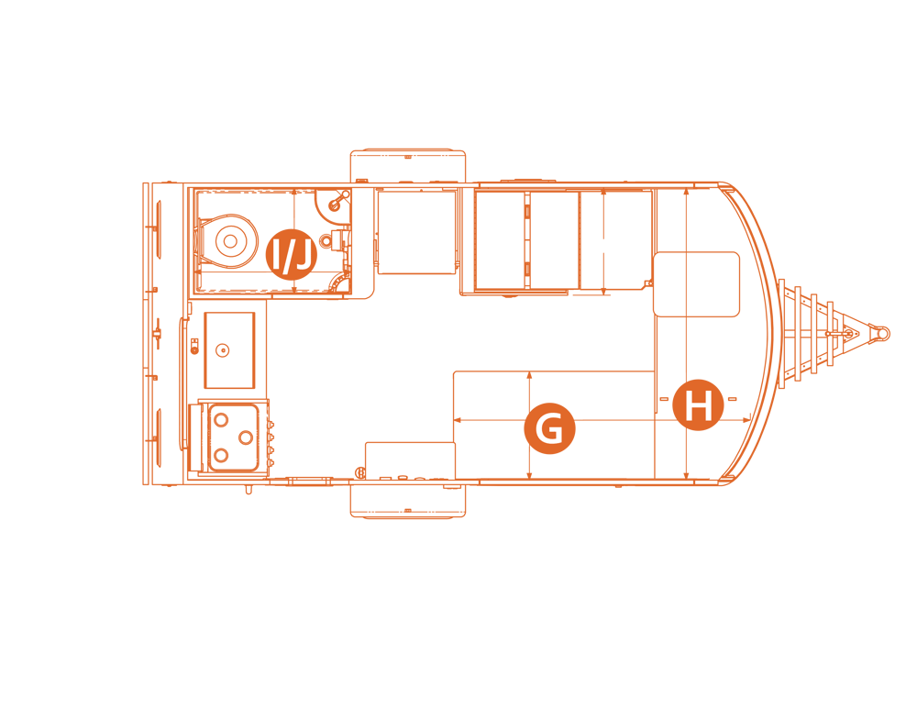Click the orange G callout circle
tap(549, 428)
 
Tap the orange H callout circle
tap(698, 404)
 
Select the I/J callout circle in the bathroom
tap(292, 254)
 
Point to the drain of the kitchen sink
tap(222, 350)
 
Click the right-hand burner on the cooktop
tap(246, 437)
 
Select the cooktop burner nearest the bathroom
tap(221, 419)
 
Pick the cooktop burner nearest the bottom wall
tap(221, 454)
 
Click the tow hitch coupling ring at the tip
tap(882, 333)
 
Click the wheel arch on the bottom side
tap(408, 500)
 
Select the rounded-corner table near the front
tap(697, 284)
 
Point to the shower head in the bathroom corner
tap(337, 202)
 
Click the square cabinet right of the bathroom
tap(416, 232)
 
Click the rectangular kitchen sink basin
tap(229, 349)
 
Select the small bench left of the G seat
tap(410, 461)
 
